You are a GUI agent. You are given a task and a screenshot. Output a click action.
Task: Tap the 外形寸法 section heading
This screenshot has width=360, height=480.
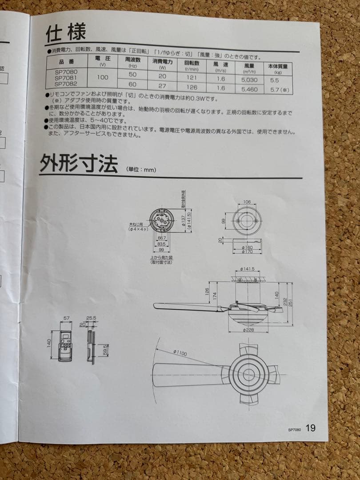tap(79, 163)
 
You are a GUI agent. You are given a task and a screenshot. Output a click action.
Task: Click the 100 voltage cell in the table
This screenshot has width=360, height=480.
tap(103, 77)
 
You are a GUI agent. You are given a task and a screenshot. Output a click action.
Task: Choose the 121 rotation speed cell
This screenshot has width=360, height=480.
tap(192, 77)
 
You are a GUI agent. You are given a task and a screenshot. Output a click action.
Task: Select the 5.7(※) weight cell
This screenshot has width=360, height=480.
tap(279, 90)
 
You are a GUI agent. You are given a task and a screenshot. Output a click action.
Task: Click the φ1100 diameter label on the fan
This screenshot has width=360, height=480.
tap(180, 352)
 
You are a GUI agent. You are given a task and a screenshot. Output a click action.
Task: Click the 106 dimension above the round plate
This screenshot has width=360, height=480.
tap(247, 202)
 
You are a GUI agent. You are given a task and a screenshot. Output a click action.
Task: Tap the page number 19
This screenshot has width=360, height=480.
tap(310, 428)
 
